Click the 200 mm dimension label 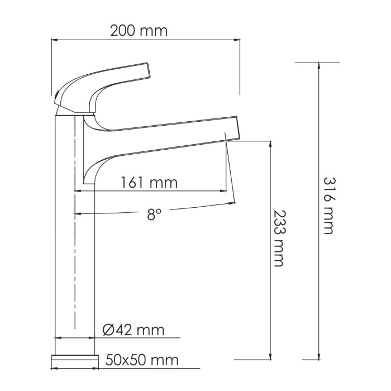[x=139, y=30]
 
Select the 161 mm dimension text [x=149, y=182]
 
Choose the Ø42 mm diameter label [x=134, y=330]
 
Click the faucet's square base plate [x=74, y=358]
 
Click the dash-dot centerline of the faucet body [x=75, y=251]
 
